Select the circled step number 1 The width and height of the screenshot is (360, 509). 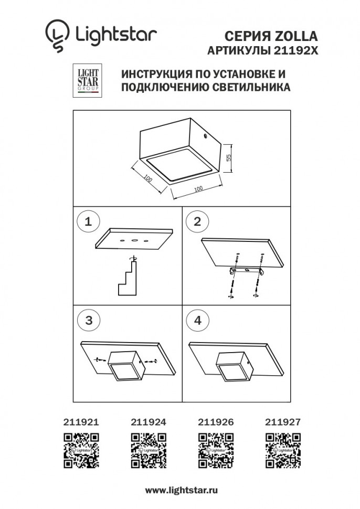click(x=88, y=221)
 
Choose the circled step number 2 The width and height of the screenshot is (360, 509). click(x=197, y=221)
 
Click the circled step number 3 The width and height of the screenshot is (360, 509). click(x=88, y=321)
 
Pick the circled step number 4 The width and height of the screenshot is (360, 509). click(x=197, y=321)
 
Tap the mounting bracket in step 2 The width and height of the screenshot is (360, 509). click(x=246, y=271)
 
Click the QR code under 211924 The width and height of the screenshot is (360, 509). click(x=149, y=450)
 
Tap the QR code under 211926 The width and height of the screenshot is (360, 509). click(x=216, y=450)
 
